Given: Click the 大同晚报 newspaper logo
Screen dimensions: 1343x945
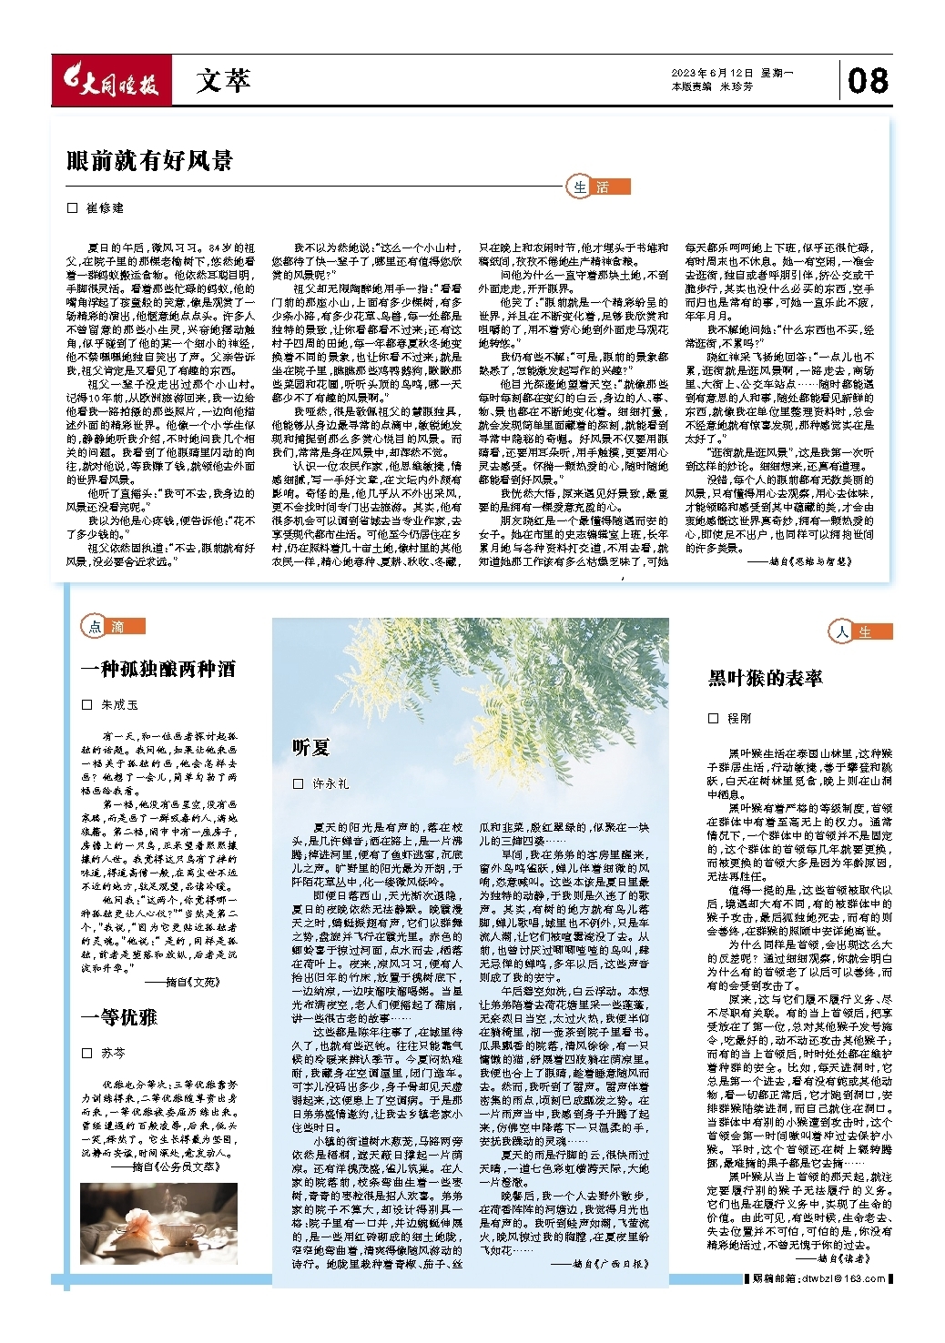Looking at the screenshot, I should [110, 82].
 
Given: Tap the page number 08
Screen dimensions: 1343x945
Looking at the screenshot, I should [867, 80].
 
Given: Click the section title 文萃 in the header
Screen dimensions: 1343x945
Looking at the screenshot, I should [223, 81].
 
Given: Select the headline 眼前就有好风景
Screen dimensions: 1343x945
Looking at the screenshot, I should [150, 161].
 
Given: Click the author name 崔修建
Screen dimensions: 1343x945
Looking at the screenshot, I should [105, 208].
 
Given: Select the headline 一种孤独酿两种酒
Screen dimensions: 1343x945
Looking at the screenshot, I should [158, 670].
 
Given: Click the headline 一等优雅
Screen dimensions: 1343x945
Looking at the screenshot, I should [119, 1016].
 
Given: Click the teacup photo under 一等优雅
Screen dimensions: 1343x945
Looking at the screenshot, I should [157, 1225].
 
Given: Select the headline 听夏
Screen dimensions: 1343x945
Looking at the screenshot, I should [310, 748].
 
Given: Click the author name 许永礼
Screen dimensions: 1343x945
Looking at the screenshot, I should [330, 783].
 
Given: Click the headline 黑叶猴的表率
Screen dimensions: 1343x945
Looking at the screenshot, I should [766, 678].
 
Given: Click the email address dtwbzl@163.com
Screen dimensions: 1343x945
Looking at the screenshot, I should [843, 1278].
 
